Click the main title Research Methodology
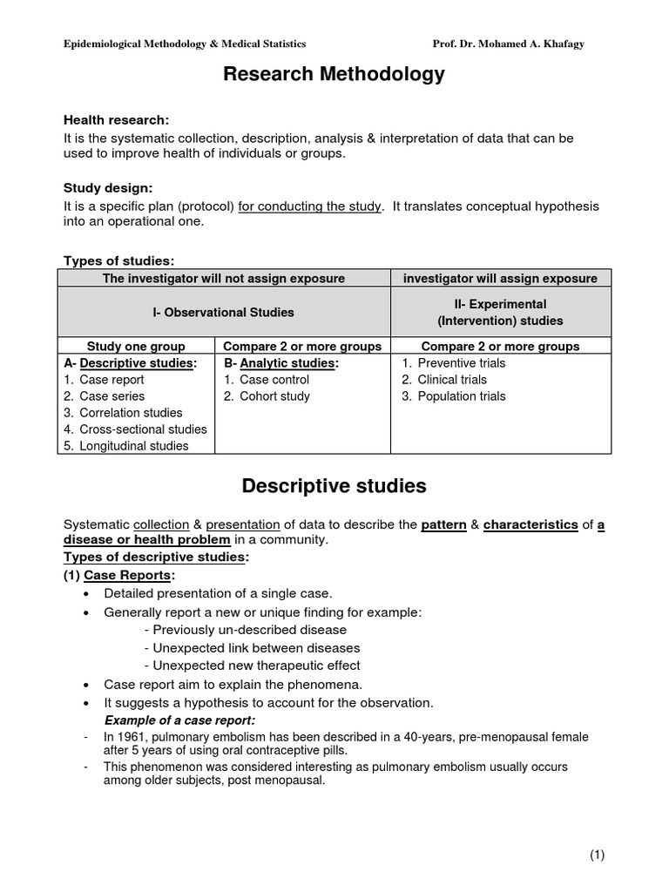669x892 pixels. tap(334, 75)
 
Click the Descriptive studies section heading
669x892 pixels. tap(334, 486)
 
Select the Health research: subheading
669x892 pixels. tap(117, 120)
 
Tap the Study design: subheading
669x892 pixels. tap(108, 187)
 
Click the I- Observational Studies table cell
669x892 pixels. tap(224, 312)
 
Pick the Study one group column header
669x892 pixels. tap(136, 346)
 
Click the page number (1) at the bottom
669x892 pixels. tap(597, 855)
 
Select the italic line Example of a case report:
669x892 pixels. tap(179, 720)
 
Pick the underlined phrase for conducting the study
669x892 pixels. tap(309, 206)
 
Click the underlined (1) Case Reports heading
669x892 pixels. tap(119, 575)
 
